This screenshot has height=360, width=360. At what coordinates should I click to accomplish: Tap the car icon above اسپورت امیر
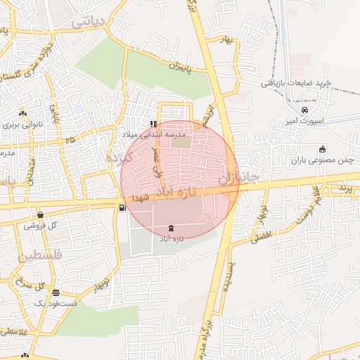tap(304, 110)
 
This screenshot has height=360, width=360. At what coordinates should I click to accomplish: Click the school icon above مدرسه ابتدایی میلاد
tap(153, 124)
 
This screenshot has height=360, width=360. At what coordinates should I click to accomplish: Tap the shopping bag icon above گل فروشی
tap(40, 214)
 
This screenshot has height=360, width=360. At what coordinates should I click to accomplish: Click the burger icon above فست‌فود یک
tap(56, 292)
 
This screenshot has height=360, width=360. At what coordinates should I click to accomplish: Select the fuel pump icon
tap(124, 207)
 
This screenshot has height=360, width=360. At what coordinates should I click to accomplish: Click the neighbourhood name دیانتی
tap(87, 22)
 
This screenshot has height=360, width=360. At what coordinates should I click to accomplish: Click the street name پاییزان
tap(179, 67)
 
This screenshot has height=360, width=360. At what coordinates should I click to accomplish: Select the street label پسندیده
tap(227, 277)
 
